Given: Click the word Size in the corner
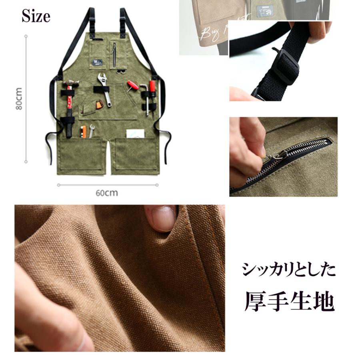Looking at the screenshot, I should click(36, 16).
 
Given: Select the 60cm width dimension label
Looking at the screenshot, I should click(107, 192).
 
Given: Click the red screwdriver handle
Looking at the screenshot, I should click(152, 86).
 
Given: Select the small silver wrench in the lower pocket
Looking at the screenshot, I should click(92, 130).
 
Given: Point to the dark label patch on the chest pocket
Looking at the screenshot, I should click(96, 62).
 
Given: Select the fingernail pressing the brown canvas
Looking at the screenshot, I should click(164, 218).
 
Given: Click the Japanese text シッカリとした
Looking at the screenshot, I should click(288, 271).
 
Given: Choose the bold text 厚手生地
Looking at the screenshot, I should click(289, 302).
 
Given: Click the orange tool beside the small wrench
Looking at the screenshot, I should click(84, 131).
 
